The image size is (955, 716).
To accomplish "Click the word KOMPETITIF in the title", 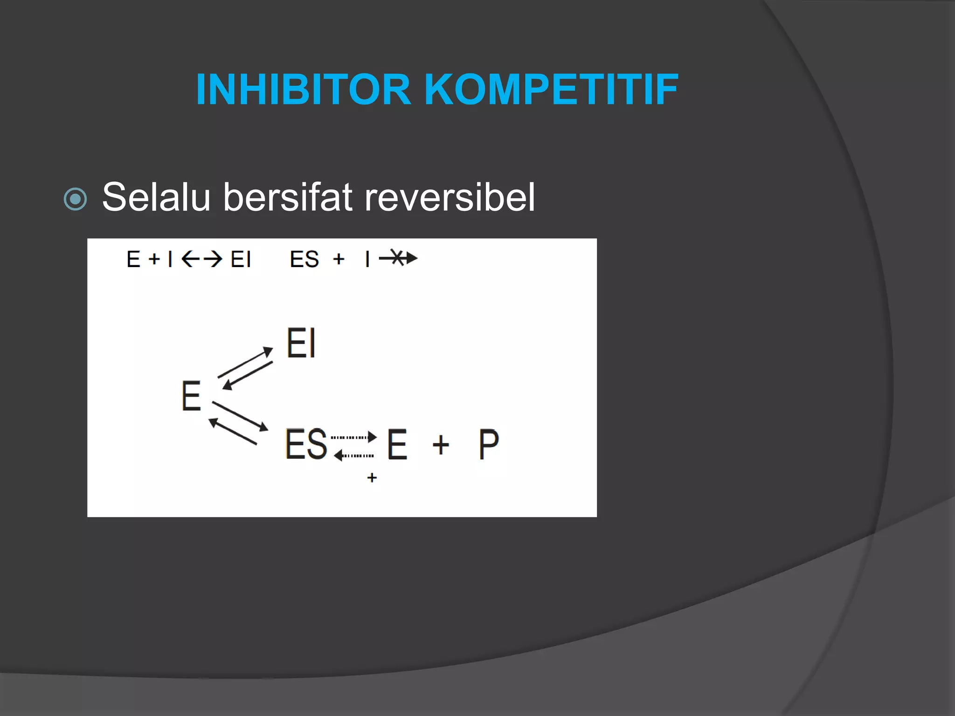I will point(551,89).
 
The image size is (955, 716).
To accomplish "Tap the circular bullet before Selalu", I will point(75,200).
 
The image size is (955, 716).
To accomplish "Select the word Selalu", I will point(156,197).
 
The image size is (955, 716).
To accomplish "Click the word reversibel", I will point(450,197).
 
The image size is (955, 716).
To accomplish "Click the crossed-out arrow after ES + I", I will point(398,258).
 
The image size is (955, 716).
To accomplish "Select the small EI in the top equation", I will point(241,259).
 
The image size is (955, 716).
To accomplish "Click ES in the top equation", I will point(304,259).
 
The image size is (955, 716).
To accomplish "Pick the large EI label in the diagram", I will point(301,344).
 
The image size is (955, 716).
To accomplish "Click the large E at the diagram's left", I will point(191,396).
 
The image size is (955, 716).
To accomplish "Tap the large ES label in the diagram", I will point(306,444).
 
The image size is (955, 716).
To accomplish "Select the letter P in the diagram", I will point(489,445).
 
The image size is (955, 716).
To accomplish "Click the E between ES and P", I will point(397,445).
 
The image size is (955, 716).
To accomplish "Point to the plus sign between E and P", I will point(441,445).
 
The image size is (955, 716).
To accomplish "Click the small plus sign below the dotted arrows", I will point(372,478).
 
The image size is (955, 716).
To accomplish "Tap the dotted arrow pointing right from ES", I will point(353,437).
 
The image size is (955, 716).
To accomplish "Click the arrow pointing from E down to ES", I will point(240,416).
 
